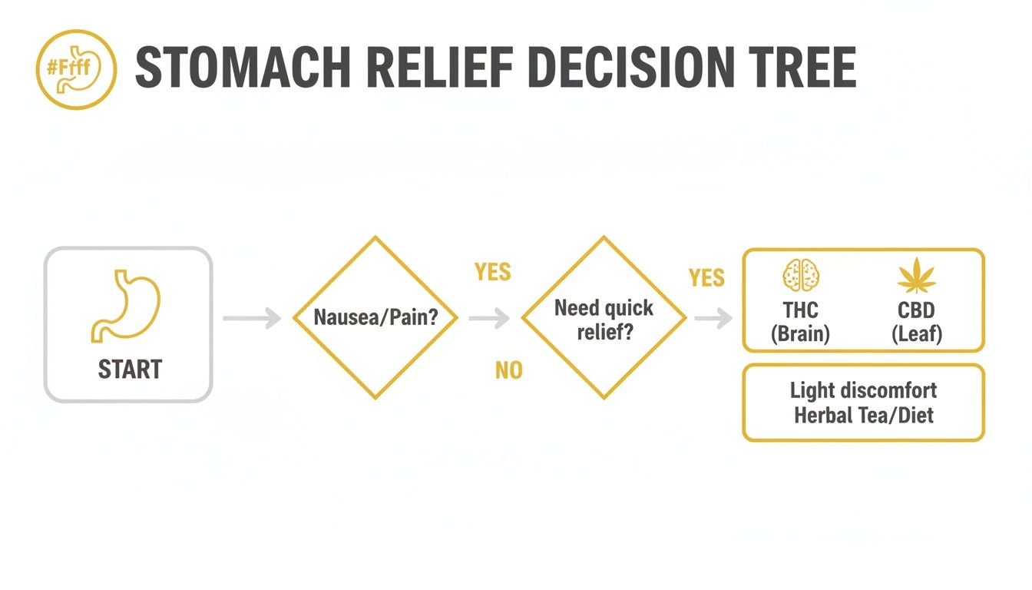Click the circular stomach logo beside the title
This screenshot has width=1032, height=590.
pos(76,69)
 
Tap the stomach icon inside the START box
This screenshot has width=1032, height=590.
pos(127,305)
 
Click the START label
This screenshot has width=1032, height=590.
pos(130,370)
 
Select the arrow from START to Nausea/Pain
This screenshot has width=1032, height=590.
pos(252,317)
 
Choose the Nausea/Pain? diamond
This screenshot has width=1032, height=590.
pos(375,317)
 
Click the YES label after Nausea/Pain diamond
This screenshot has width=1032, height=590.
pos(492,273)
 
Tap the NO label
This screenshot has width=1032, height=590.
pos(508,371)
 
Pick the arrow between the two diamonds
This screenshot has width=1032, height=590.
pos(489,317)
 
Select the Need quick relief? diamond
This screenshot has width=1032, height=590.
pos(604,317)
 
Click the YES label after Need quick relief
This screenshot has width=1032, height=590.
pos(706,277)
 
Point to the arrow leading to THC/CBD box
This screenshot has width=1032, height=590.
pos(713,317)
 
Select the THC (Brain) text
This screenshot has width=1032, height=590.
pos(800,322)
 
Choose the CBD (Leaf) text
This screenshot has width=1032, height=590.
pos(916,322)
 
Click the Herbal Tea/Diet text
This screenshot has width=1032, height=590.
pos(863,416)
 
